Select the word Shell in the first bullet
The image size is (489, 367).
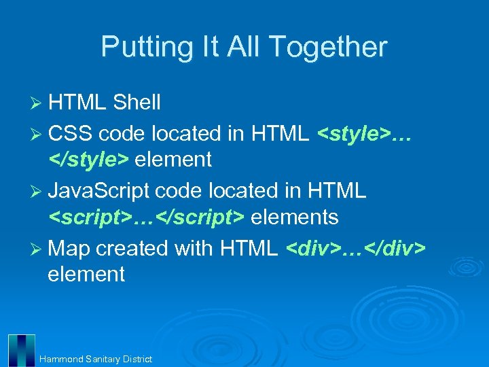click(x=137, y=103)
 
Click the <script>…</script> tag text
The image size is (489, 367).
click(x=146, y=217)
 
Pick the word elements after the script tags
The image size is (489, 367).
click(x=295, y=217)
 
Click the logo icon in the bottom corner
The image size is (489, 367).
click(x=21, y=350)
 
